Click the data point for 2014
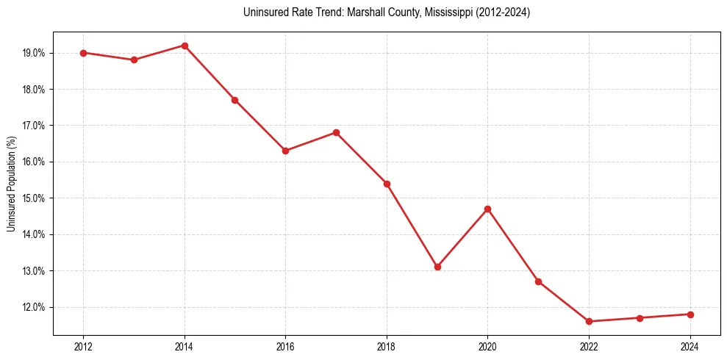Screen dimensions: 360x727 (x=185, y=46)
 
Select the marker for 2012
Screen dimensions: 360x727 (x=83, y=53)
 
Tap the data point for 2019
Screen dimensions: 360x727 (x=437, y=267)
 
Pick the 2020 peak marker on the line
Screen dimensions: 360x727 (x=487, y=209)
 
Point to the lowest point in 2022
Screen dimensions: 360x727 (x=589, y=321)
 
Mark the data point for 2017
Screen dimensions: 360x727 (x=336, y=132)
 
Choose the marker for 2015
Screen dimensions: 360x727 (x=234, y=100)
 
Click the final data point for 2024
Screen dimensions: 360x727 (x=690, y=314)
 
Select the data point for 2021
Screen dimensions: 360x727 (x=538, y=281)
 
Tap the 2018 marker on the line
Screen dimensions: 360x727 (x=387, y=184)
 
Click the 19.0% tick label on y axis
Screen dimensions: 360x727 (x=35, y=53)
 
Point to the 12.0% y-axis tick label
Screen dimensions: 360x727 (x=35, y=307)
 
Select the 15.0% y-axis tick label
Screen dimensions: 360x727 (x=35, y=198)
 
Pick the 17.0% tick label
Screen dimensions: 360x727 (x=35, y=126)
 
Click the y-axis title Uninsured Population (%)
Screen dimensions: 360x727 (x=11, y=184)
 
